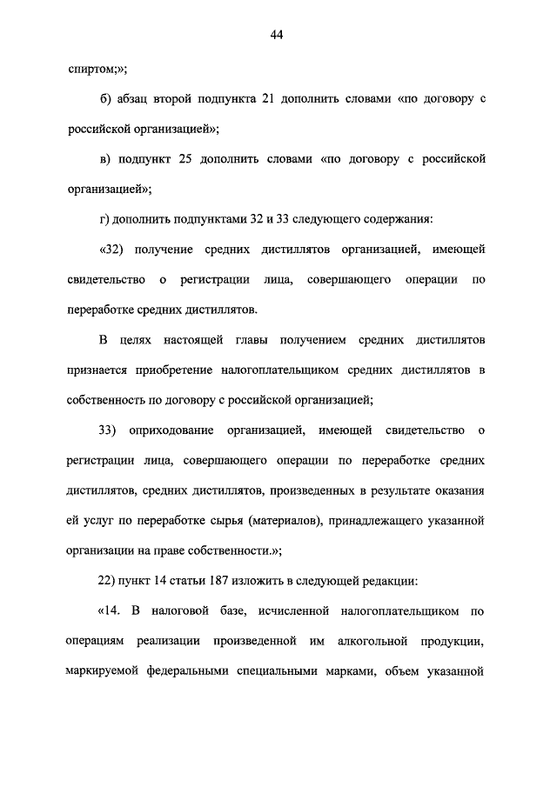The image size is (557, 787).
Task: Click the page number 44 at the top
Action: pos(278,35)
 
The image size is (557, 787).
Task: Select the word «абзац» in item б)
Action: pos(134,99)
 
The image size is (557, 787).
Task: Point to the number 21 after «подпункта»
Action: pos(268,99)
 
